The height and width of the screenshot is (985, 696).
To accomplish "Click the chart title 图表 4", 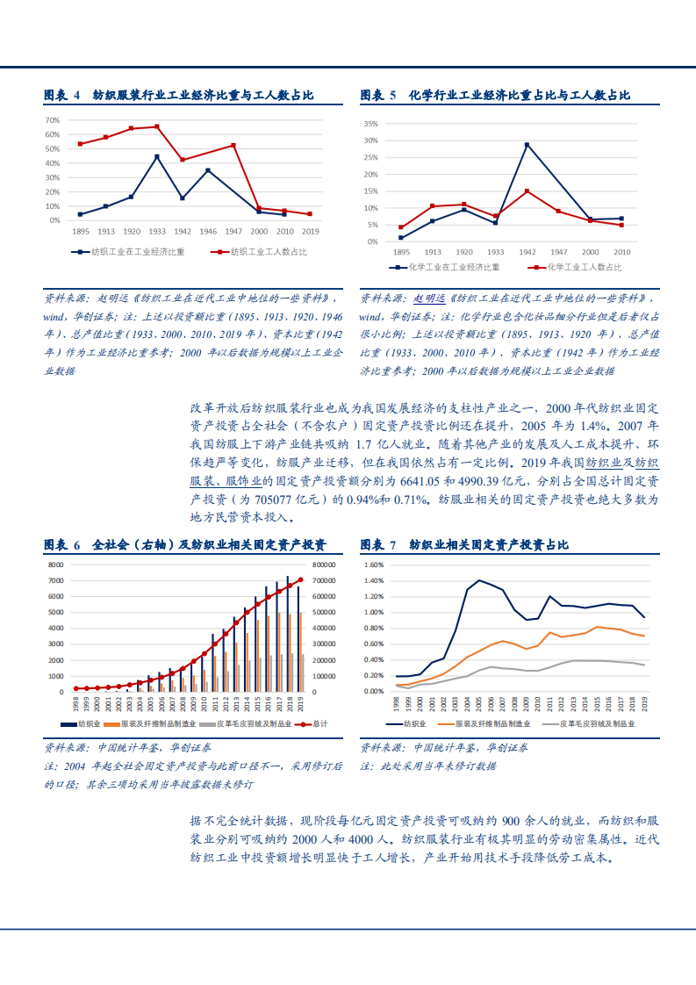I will coord(61,95).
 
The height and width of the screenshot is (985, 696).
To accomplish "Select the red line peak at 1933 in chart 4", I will coord(157,126).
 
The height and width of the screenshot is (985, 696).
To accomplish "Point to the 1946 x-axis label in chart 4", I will coord(208,231).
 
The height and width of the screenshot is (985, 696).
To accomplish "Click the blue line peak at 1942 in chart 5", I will coord(527,144).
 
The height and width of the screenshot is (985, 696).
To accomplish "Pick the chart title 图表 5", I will coord(378,95).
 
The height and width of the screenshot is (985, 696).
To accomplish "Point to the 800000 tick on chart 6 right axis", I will coord(323,564).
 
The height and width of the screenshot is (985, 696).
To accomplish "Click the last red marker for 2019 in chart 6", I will coord(301,579).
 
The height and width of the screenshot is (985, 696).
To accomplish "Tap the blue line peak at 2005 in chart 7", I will coord(479,580).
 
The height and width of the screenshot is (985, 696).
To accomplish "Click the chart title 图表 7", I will coord(378,544).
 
